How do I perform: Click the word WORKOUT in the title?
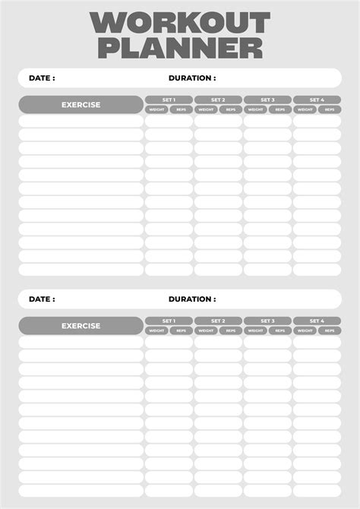coord(179,23)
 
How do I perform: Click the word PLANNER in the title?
coord(179,48)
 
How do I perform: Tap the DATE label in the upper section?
coord(42,78)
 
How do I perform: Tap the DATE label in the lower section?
coord(42,299)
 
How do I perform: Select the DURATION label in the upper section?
coord(192,78)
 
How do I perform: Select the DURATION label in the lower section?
coord(192,299)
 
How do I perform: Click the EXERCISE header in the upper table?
coord(81,105)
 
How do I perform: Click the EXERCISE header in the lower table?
coord(81,326)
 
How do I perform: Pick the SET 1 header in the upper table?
coord(169,100)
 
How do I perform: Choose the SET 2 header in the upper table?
coord(218,100)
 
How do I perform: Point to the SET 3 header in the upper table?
coord(267,100)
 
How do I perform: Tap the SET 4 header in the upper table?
coord(317,100)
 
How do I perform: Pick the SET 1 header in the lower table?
coord(169,321)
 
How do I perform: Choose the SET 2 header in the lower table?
coord(218,321)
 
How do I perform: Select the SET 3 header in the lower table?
coord(267,321)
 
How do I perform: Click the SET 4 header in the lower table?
coord(317,321)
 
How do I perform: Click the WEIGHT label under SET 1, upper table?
coord(156,109)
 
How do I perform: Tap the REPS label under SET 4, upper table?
coord(329,109)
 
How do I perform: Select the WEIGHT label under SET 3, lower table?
coord(255,330)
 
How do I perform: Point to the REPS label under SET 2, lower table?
coord(230,330)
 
